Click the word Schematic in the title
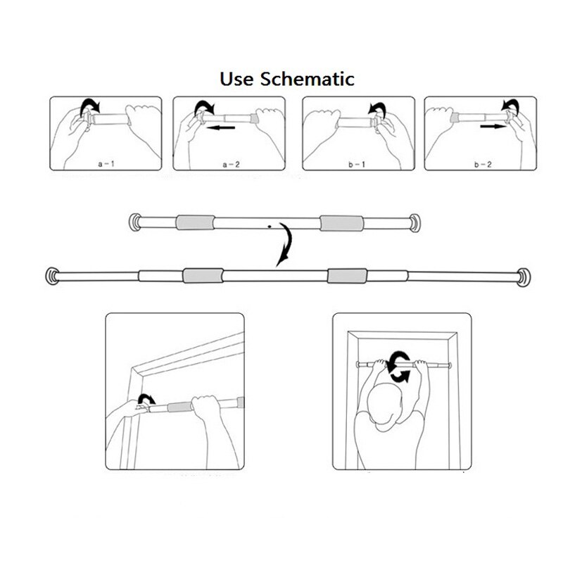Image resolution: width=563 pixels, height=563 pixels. [x=308, y=79]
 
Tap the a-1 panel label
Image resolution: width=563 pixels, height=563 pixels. [x=106, y=164]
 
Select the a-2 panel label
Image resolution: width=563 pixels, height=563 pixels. [x=231, y=165]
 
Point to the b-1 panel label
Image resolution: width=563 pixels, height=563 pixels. [x=357, y=165]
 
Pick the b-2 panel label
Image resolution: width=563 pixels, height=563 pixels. [x=483, y=165]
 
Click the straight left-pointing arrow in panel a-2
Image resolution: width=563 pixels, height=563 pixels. [x=221, y=127]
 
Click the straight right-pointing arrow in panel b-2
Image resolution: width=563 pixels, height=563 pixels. [x=493, y=127]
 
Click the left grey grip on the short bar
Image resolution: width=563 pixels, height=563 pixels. [x=196, y=222]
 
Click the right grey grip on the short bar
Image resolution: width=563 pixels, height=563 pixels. [x=341, y=223]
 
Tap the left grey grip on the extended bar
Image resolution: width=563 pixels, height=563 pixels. [x=203, y=275]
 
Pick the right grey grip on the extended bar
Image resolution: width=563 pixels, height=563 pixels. [x=347, y=276]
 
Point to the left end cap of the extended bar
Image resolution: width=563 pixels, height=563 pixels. [x=52, y=276]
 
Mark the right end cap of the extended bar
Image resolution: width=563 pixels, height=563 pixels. [x=524, y=277]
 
